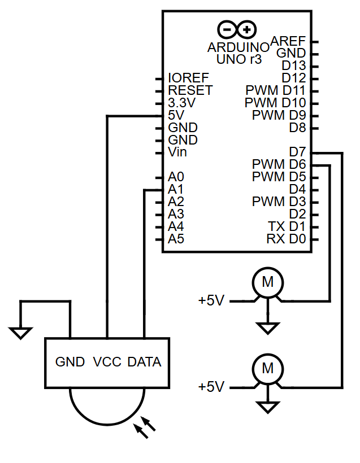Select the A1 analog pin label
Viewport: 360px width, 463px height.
(x=176, y=190)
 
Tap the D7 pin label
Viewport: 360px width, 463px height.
(x=297, y=152)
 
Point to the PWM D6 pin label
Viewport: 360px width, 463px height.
(x=279, y=164)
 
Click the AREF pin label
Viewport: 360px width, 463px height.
(x=288, y=41)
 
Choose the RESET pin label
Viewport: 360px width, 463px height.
(x=190, y=90)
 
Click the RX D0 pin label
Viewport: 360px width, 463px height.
(x=286, y=239)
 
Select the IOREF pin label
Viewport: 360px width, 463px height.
(x=188, y=78)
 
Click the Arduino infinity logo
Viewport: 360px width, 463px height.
(x=237, y=29)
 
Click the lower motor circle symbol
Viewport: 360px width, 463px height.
(x=267, y=369)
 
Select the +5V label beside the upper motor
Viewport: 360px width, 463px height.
(x=211, y=300)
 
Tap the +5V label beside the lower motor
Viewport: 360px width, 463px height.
(x=211, y=387)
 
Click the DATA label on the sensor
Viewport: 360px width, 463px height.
(x=144, y=362)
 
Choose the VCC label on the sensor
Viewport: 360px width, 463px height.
(x=107, y=362)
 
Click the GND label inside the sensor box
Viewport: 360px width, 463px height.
(x=70, y=362)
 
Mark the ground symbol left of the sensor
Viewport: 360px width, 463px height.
(x=21, y=333)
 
